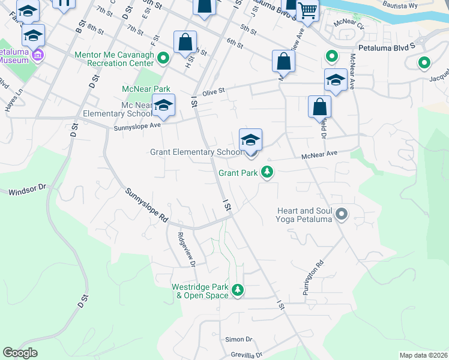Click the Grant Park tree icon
267,173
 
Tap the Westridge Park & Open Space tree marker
238,290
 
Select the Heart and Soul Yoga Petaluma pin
342,214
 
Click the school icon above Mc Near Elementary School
163,105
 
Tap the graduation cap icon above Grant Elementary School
250,140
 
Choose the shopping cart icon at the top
307,10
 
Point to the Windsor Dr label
27,191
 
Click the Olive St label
213,92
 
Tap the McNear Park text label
142,89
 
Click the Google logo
20,353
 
